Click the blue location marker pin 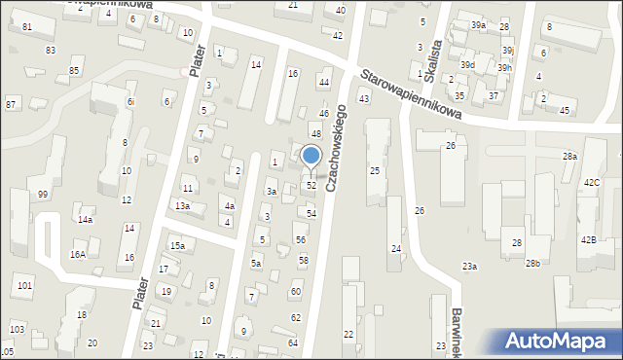click(311, 157)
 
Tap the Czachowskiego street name click(337, 147)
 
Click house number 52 click(311, 185)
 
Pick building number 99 click(43, 195)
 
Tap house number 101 click(24, 285)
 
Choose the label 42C click(592, 183)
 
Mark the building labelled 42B click(588, 239)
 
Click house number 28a click(569, 156)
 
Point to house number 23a click(470, 267)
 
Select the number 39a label click(478, 24)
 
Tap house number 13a click(182, 206)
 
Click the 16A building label click(78, 254)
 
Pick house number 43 click(364, 99)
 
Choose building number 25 click(374, 171)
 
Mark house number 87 click(11, 104)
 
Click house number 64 click(293, 343)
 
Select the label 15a click(177, 246)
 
